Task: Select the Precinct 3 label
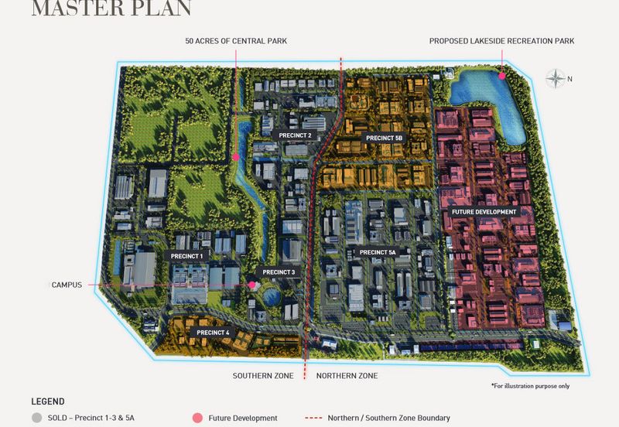coord(279,272)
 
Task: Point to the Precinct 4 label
coord(213,333)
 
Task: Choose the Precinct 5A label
coord(377,252)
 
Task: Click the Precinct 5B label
coord(385,138)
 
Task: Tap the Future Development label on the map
coord(484,211)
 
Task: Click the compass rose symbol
coord(555,78)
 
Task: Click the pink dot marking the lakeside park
coord(501,75)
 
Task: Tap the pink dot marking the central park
coord(235,157)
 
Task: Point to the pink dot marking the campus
coord(251,285)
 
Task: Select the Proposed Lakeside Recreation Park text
coord(502,41)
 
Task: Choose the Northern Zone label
coord(347,375)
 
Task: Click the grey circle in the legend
coord(36,418)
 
